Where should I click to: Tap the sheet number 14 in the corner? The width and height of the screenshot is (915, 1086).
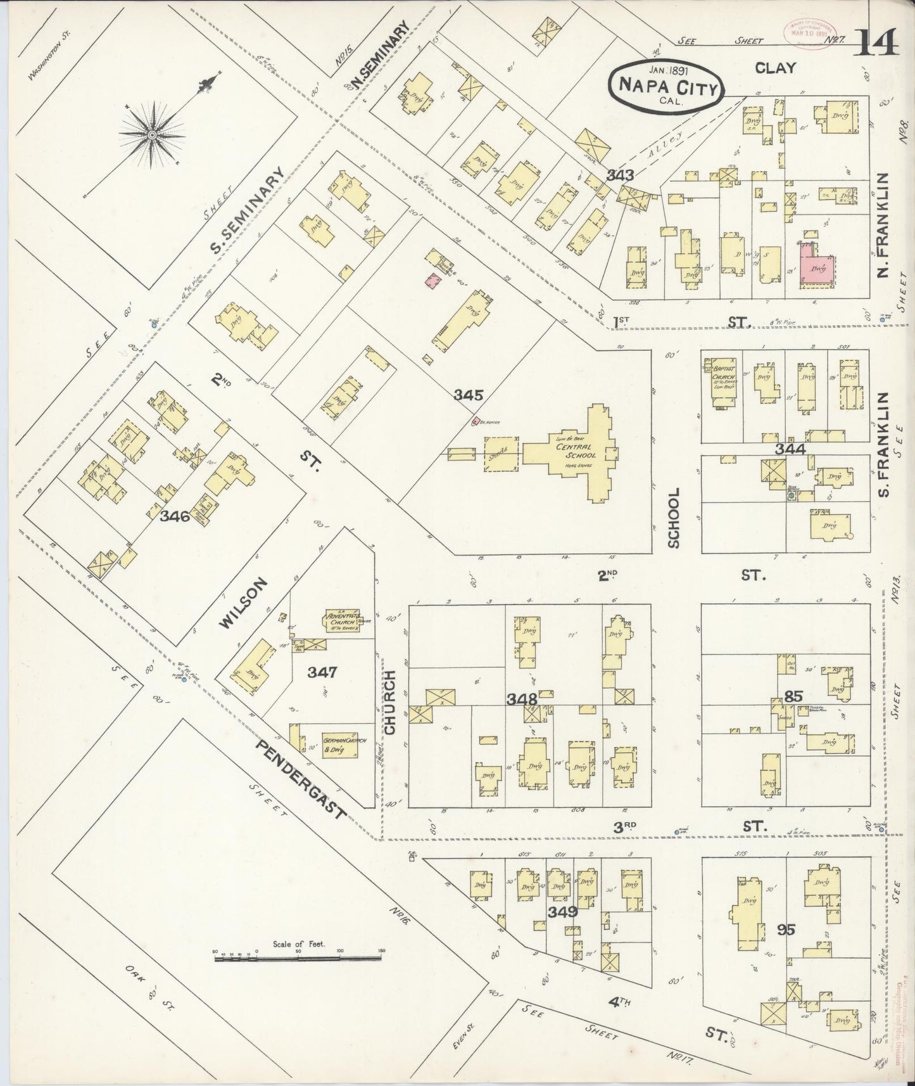coord(876,44)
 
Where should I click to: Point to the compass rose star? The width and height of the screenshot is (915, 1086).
coord(153,135)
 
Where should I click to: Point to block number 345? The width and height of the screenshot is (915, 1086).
coord(469,395)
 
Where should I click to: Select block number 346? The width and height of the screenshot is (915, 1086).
coord(175,516)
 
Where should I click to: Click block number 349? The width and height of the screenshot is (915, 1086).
coord(563,912)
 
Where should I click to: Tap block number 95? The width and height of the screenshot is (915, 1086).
coord(786,929)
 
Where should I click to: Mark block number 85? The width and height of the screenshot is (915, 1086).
coord(793,696)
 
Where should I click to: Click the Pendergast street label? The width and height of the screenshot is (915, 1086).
coord(301,779)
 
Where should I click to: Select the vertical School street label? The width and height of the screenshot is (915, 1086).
coord(673,518)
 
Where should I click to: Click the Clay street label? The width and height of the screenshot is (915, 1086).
coord(775,68)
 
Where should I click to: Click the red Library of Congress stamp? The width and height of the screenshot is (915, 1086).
coord(804,29)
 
